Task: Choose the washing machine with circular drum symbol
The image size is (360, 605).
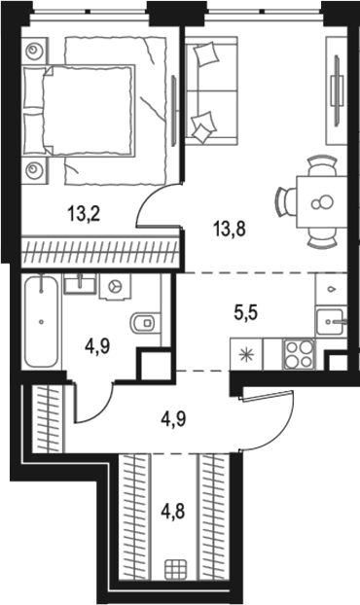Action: click(116, 288)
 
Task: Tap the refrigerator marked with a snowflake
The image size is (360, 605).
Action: click(242, 351)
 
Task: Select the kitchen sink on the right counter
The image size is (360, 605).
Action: click(335, 317)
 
